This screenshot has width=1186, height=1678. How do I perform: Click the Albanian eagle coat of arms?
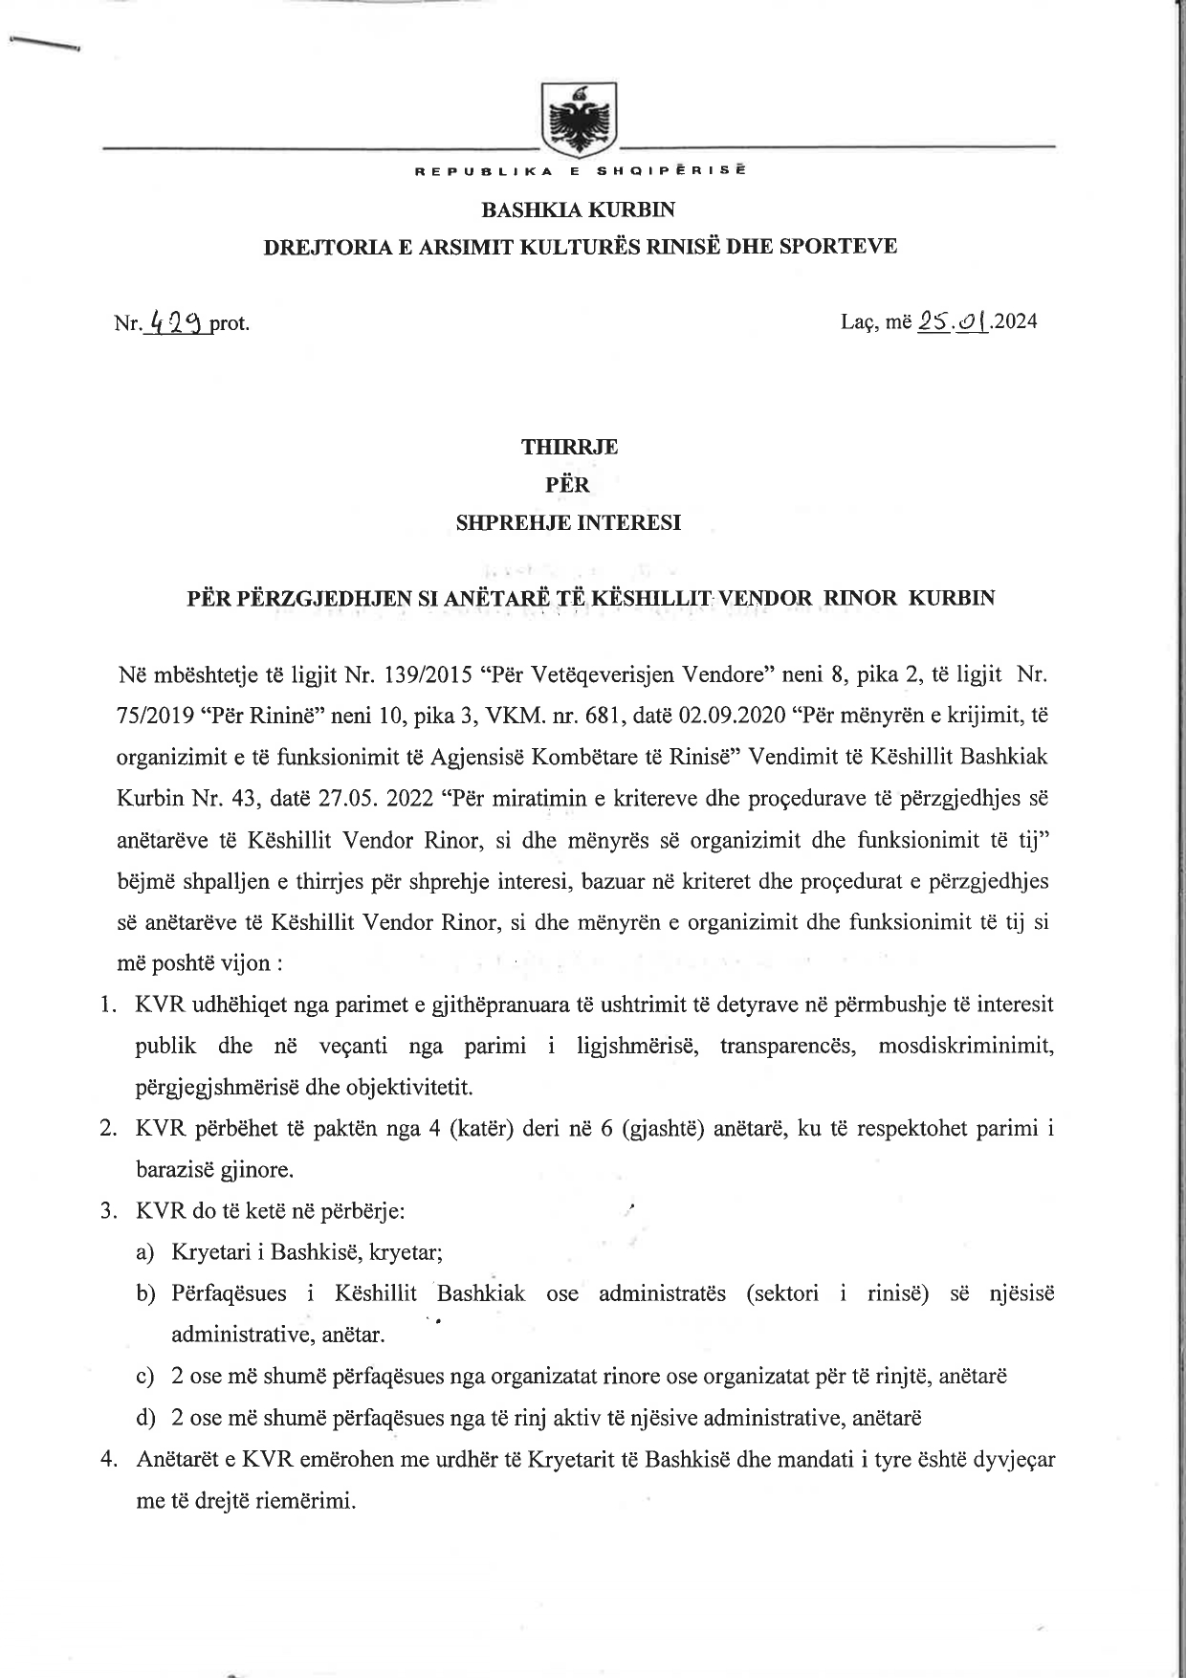tap(580, 120)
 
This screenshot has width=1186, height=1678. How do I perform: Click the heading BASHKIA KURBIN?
tap(579, 209)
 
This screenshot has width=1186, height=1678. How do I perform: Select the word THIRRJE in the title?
tap(569, 447)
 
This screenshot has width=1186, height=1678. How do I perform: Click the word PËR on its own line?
tap(568, 485)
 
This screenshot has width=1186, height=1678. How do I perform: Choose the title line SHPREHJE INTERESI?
tap(569, 523)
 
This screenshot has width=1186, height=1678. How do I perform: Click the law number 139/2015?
tap(423, 674)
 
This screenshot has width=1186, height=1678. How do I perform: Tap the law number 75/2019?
tap(156, 716)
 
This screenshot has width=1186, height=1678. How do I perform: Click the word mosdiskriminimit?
tap(966, 1046)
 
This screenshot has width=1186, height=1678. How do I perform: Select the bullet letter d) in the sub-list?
tap(145, 1418)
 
